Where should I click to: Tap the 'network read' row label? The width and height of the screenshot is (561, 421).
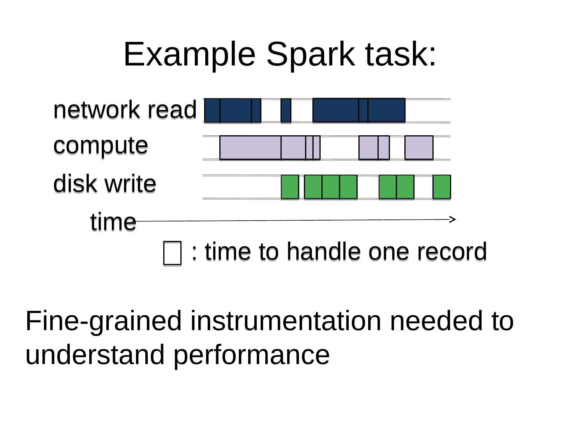(125, 110)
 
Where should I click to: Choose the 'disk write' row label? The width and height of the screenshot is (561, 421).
(104, 183)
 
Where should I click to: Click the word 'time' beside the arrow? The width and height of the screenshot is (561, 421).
(113, 222)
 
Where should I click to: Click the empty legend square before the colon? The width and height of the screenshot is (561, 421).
(172, 253)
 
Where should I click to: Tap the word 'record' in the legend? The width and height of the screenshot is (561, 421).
(452, 252)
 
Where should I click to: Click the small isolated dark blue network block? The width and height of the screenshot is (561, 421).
(286, 110)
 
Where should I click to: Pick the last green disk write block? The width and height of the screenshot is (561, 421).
(442, 187)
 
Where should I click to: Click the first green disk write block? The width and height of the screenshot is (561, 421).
(290, 187)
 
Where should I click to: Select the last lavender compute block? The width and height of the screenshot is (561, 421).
(419, 147)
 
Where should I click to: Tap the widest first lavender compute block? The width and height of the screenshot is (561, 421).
(251, 147)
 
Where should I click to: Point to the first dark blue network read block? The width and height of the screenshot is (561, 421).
(212, 110)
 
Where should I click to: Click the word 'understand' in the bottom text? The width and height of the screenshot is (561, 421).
(95, 354)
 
